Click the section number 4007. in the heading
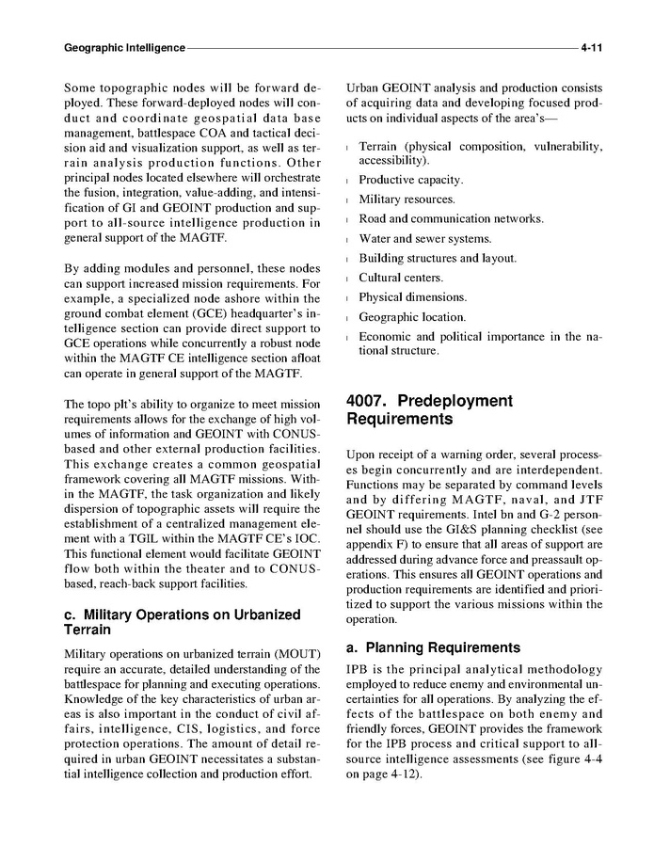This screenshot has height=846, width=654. coord(375,401)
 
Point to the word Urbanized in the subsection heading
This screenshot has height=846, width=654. coord(267,615)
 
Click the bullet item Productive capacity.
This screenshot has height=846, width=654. coord(411,180)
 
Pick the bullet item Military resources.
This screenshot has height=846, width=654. coord(407,200)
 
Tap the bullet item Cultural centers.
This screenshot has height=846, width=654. coord(401,278)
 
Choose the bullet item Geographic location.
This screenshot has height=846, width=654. coord(412,317)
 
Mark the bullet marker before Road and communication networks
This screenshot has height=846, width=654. coord(349,219)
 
